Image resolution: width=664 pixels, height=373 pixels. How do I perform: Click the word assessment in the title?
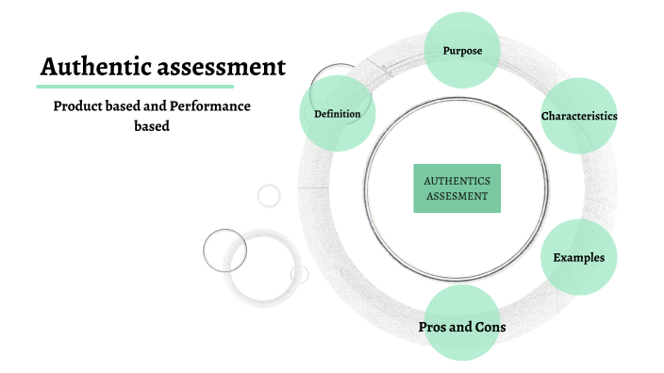[x=223, y=68]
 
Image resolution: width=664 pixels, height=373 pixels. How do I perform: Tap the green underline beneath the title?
[x=161, y=87]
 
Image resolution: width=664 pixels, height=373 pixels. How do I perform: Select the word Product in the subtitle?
[x=77, y=106]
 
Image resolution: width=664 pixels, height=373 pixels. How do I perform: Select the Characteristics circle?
[x=579, y=116]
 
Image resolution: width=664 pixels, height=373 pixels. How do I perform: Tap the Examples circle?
[x=579, y=257]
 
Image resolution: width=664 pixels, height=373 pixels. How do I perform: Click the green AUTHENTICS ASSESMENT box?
[x=456, y=187]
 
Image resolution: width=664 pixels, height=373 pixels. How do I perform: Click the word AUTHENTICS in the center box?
[x=456, y=180]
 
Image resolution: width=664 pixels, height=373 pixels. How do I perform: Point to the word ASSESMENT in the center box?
[x=456, y=196]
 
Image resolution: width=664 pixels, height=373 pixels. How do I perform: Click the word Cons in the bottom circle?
[x=490, y=327]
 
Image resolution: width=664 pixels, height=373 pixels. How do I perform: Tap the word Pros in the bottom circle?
[x=433, y=327]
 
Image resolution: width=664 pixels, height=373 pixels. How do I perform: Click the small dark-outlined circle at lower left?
[x=224, y=250]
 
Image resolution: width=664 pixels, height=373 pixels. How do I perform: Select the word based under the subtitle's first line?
[x=152, y=125]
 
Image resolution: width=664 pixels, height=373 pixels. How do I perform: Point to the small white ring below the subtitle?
[x=269, y=196]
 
